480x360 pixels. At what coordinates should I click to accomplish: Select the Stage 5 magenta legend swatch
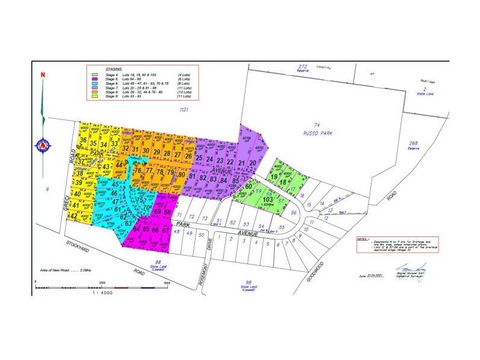95,79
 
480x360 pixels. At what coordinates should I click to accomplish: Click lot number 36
82,142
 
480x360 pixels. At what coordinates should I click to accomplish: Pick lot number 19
274,176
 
